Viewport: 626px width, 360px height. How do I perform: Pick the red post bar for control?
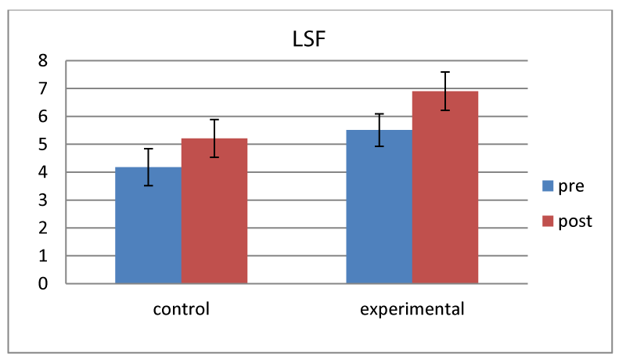pyautogui.click(x=214, y=211)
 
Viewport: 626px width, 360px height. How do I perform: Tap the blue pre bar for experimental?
pyautogui.click(x=379, y=207)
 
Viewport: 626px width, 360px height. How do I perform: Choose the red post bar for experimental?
pyautogui.click(x=445, y=188)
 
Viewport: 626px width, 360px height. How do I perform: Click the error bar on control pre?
pyautogui.click(x=148, y=167)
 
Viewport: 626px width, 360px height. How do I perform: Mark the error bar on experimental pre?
pyautogui.click(x=379, y=130)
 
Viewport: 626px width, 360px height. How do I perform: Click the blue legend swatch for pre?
pyautogui.click(x=549, y=186)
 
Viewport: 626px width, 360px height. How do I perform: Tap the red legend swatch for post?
pyautogui.click(x=549, y=221)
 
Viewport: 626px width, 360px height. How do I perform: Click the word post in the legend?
pyautogui.click(x=575, y=221)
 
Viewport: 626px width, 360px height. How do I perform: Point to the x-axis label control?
pyautogui.click(x=181, y=308)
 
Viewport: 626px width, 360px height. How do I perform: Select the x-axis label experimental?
pyautogui.click(x=412, y=308)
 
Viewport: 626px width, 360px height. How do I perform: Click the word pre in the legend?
pyautogui.click(x=571, y=186)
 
